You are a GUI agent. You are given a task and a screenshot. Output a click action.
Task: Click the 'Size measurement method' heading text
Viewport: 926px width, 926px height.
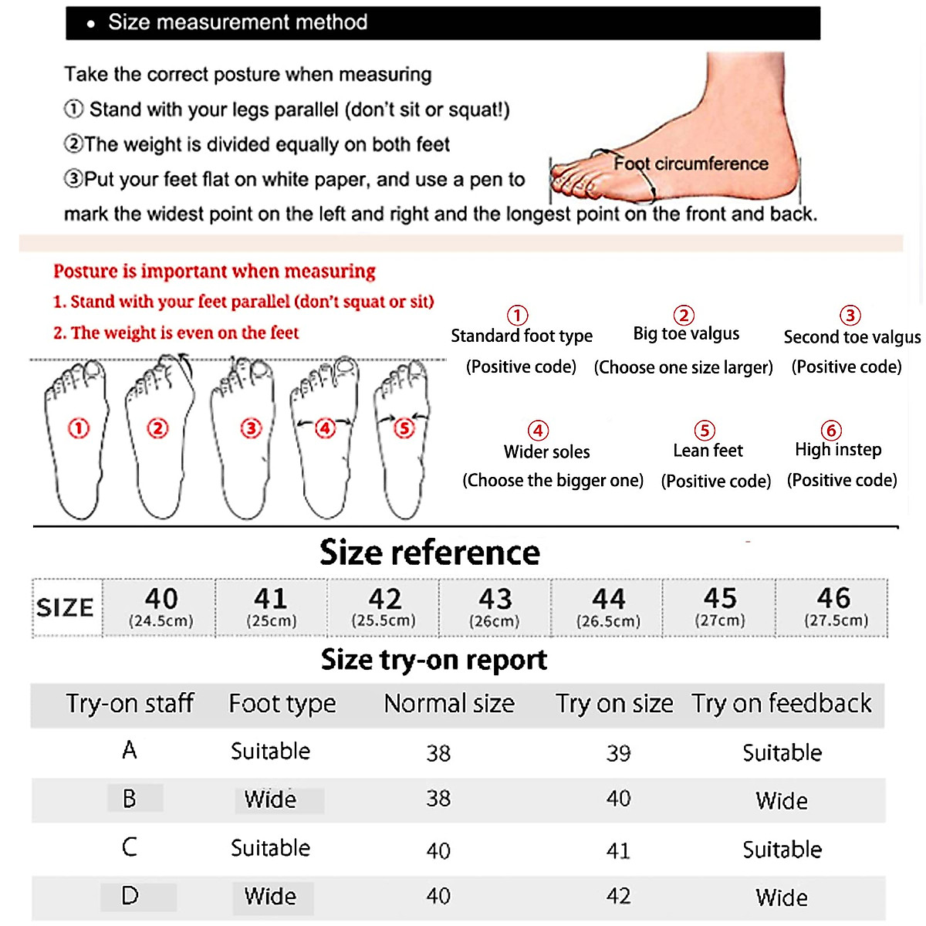click(237, 22)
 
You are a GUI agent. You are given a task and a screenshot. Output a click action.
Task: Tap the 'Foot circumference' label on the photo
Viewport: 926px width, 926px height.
click(691, 164)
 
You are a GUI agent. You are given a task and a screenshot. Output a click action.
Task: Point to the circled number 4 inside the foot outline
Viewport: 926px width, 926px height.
click(325, 428)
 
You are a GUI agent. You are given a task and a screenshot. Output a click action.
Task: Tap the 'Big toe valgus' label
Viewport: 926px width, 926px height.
click(686, 333)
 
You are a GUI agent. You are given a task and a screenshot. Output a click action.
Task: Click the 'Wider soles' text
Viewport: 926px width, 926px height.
click(546, 452)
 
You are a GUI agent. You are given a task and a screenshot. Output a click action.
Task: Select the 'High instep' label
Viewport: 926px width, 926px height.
click(838, 450)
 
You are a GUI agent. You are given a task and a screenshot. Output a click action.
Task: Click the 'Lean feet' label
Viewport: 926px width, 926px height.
click(708, 451)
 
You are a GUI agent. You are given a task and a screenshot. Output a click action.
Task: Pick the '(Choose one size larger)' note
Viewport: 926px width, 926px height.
click(683, 367)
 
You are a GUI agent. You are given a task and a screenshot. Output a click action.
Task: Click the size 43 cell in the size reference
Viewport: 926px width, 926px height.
click(495, 607)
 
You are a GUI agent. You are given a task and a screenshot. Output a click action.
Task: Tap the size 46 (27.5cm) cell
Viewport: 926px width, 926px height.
click(834, 607)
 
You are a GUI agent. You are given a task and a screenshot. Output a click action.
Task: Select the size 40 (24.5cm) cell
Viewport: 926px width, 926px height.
click(161, 607)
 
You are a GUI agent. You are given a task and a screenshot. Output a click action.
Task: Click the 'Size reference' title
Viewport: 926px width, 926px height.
click(430, 553)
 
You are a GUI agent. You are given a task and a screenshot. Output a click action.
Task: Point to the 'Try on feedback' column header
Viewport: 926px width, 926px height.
click(781, 704)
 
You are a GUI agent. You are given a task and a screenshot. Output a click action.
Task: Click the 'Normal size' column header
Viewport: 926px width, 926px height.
click(449, 704)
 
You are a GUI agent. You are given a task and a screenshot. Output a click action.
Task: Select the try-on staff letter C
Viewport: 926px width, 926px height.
click(130, 847)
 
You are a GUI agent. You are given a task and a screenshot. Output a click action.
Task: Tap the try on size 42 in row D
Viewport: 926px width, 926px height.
click(618, 897)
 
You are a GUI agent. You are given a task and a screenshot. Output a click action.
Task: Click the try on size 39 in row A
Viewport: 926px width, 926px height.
click(618, 753)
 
